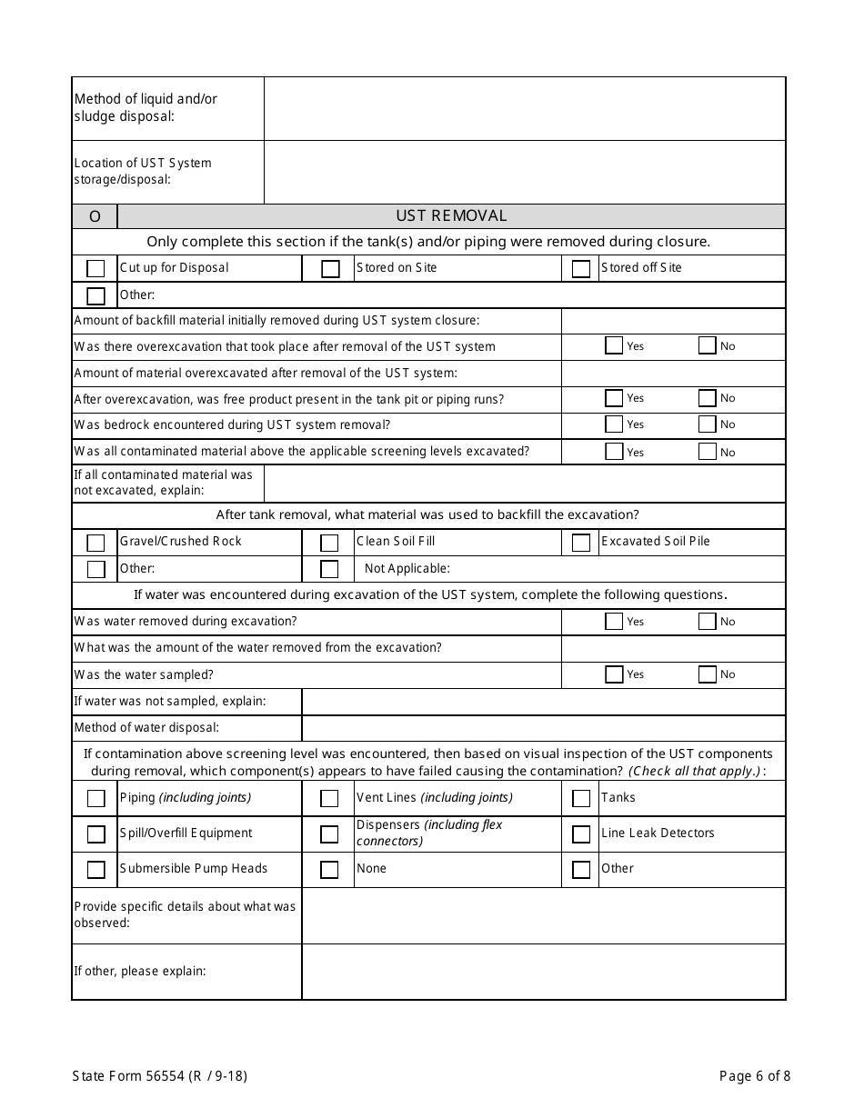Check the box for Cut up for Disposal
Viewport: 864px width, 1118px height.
(95, 269)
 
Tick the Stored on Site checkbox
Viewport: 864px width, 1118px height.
(330, 269)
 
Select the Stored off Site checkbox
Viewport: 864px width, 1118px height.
(581, 269)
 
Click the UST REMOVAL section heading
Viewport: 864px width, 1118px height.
(451, 216)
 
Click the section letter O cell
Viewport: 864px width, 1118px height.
(95, 216)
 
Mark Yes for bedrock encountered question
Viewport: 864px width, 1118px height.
(614, 424)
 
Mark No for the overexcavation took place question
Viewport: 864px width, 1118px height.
(707, 345)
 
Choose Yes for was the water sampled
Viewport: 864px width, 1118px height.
(614, 674)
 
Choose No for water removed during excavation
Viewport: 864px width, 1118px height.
(707, 622)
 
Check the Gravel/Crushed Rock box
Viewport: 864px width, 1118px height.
(95, 543)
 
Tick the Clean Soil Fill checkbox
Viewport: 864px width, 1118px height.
(330, 543)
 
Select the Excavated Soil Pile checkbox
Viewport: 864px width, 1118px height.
(581, 543)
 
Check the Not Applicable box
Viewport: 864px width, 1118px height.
(330, 570)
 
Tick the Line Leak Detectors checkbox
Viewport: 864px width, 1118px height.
(581, 834)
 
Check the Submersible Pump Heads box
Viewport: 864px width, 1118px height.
(95, 870)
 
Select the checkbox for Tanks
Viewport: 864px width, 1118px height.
(581, 799)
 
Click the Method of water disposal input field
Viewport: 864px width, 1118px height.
(543, 728)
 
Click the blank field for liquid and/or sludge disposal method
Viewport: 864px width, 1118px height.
(524, 108)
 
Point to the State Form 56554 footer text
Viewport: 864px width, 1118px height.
(159, 1076)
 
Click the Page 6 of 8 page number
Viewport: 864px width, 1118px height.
(754, 1076)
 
